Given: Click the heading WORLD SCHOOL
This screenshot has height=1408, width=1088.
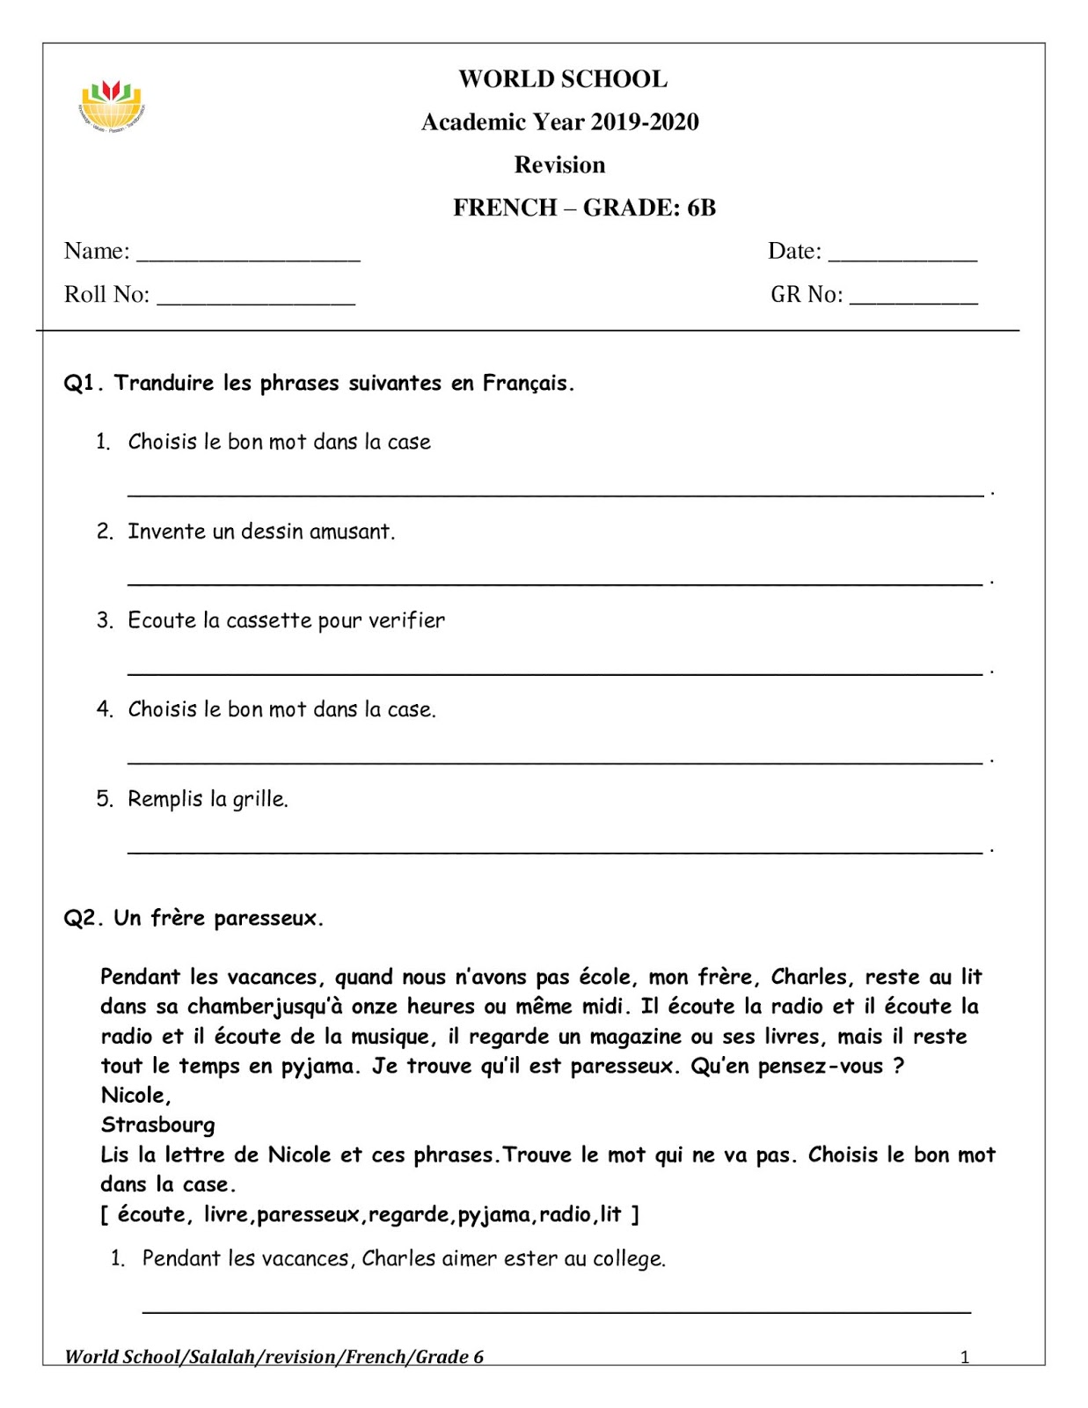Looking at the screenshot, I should pyautogui.click(x=562, y=79).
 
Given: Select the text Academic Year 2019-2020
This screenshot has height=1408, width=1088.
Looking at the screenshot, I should pyautogui.click(x=559, y=121).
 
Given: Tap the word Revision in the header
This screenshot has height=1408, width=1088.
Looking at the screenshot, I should pyautogui.click(x=559, y=165).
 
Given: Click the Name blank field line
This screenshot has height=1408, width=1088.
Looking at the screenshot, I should pyautogui.click(x=248, y=257).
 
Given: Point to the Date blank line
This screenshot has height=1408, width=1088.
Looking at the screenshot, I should pyautogui.click(x=902, y=257).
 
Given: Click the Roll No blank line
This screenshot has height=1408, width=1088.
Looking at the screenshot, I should pyautogui.click(x=255, y=300).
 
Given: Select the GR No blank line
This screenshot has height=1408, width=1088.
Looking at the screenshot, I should pyautogui.click(x=913, y=300).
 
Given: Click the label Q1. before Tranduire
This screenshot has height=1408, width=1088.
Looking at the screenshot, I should pyautogui.click(x=84, y=383).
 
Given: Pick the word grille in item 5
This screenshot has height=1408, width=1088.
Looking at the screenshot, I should pyautogui.click(x=259, y=799).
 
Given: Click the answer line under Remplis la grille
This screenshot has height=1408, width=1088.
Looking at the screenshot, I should pyautogui.click(x=554, y=850).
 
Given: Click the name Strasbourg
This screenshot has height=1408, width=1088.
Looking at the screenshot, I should pyautogui.click(x=157, y=1125).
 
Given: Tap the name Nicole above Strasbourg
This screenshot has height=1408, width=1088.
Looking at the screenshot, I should pyautogui.click(x=135, y=1096).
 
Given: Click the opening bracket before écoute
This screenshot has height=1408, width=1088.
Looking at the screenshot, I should pyautogui.click(x=105, y=1214).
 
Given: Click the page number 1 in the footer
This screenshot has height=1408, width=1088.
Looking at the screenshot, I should pyautogui.click(x=964, y=1357).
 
